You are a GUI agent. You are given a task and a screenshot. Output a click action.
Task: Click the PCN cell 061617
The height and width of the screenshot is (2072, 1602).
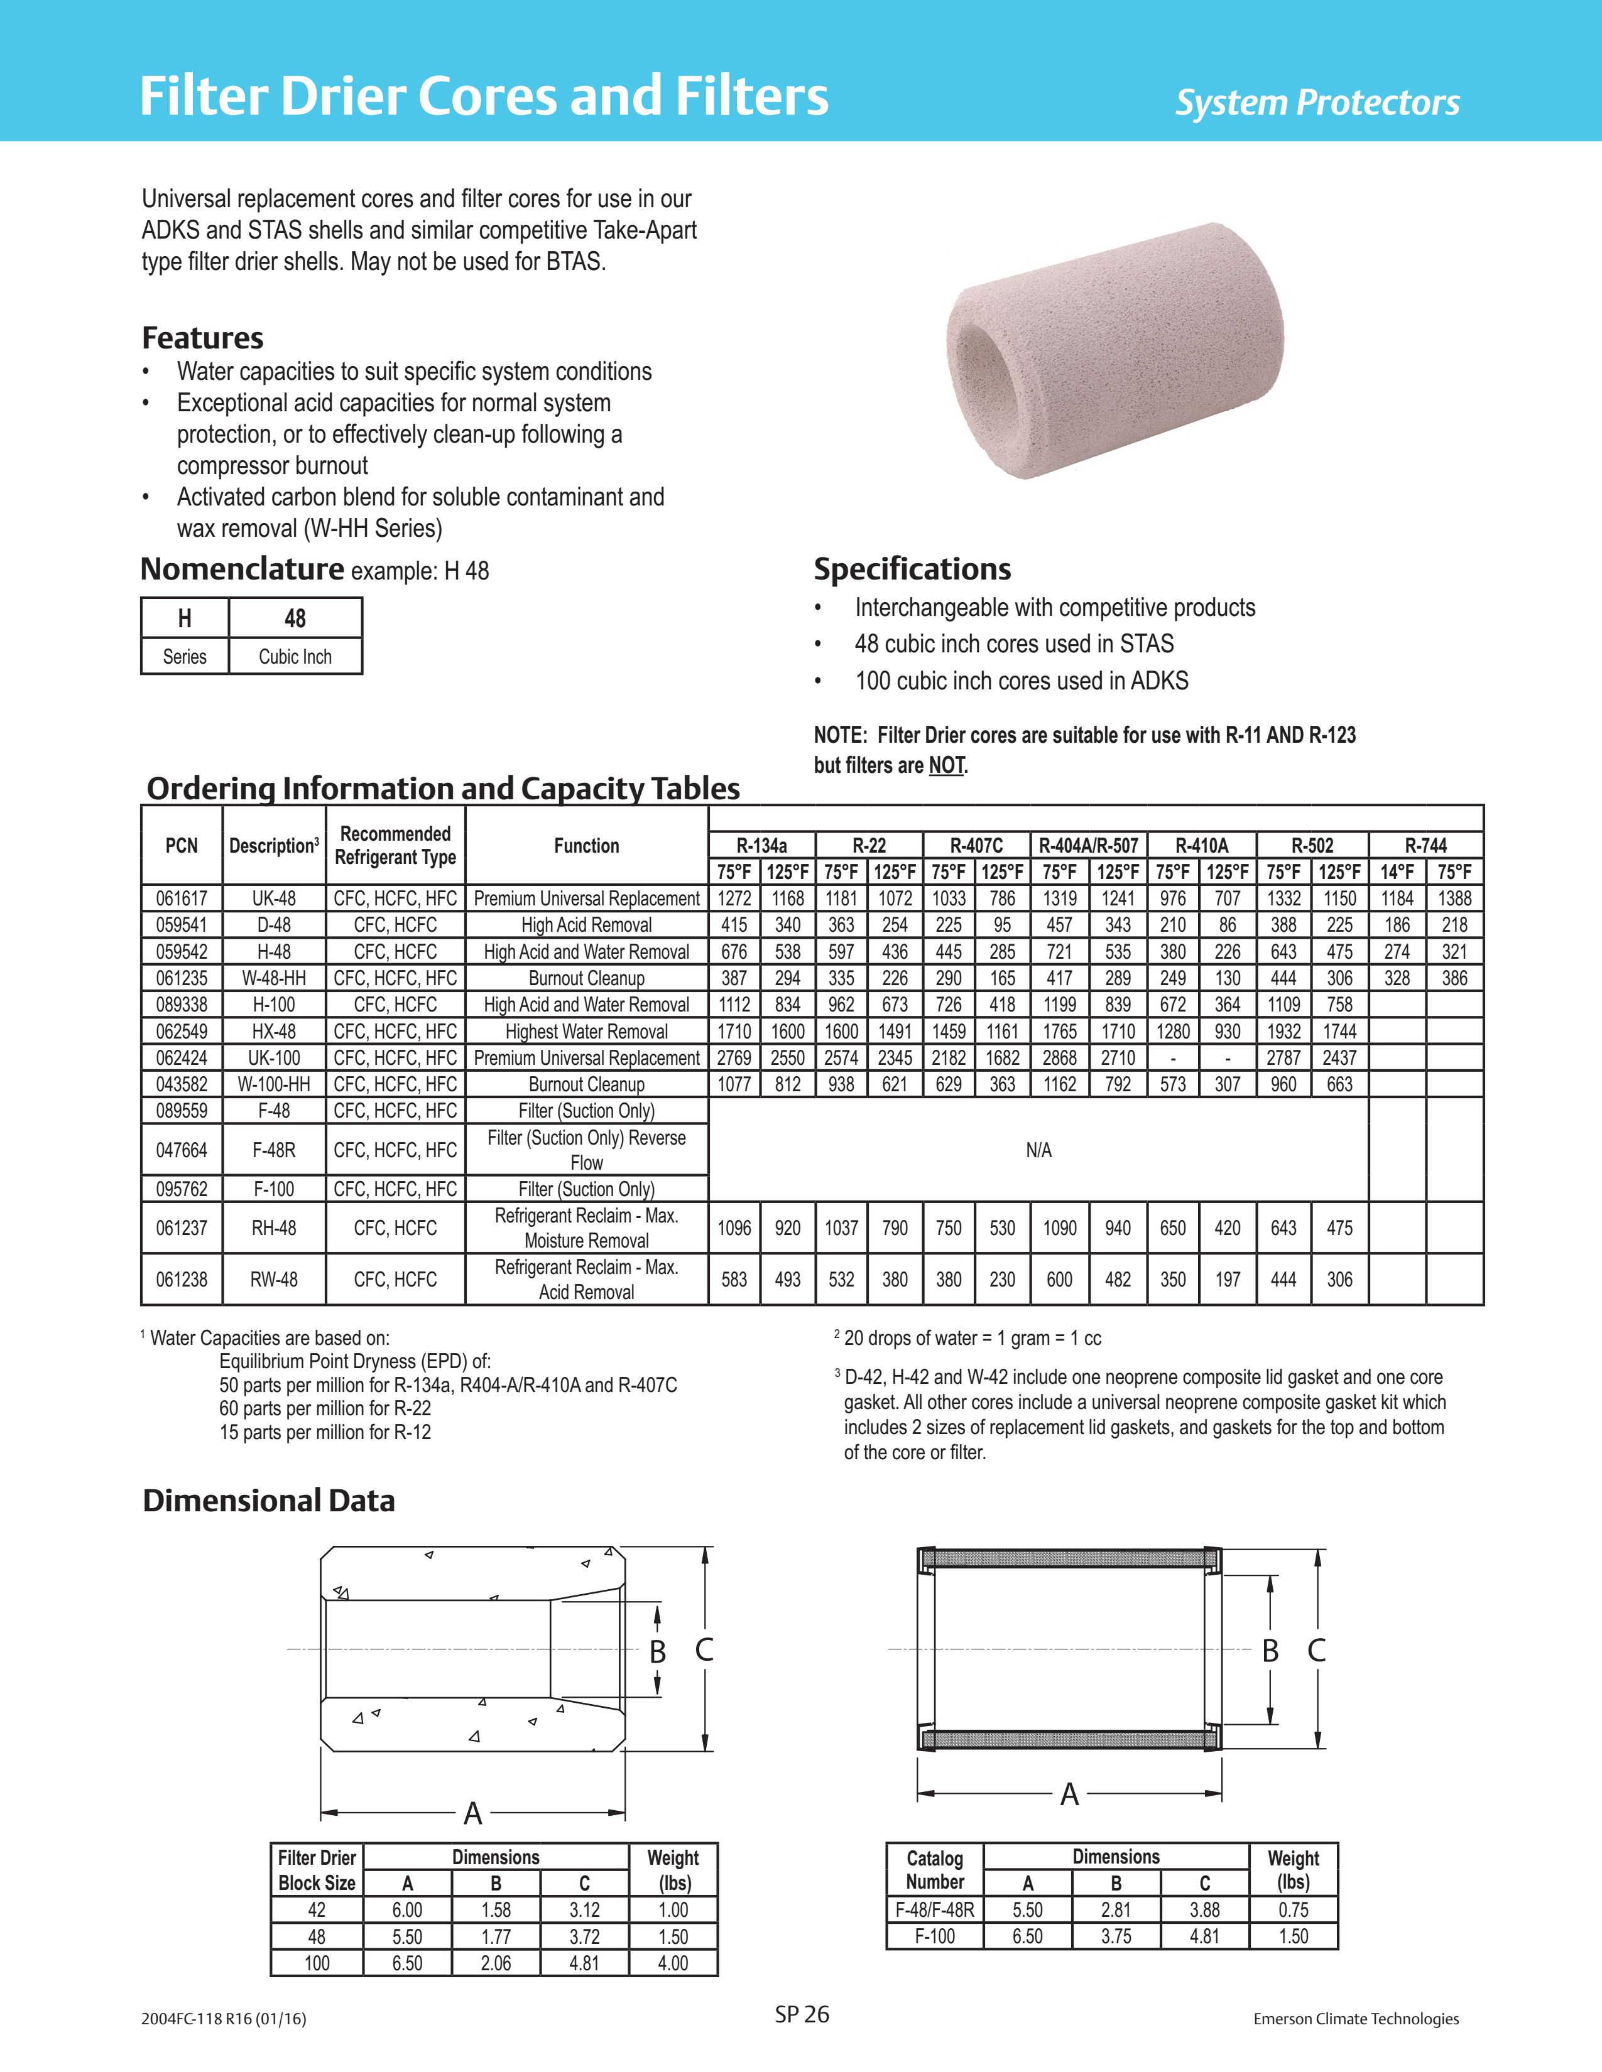(x=182, y=898)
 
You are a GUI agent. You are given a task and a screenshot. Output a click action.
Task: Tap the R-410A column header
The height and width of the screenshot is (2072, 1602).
(x=1201, y=845)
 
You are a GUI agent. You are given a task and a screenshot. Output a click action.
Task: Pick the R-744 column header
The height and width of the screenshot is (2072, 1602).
(x=1425, y=845)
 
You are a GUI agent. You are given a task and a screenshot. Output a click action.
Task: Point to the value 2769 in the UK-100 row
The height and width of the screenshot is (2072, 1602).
(x=734, y=1058)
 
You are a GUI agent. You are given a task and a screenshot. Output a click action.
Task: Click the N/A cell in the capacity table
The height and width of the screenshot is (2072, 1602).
(x=1038, y=1150)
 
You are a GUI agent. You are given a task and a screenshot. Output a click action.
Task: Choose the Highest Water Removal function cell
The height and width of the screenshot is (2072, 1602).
(x=587, y=1031)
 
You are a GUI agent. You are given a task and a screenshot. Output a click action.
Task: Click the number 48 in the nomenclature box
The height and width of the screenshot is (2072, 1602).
(x=295, y=618)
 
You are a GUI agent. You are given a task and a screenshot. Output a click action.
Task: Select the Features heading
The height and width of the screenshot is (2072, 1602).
(x=202, y=338)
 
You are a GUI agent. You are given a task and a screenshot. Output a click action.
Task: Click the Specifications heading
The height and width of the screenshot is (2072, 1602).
(x=912, y=569)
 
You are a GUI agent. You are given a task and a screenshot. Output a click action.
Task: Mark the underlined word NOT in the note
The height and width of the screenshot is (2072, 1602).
(x=946, y=765)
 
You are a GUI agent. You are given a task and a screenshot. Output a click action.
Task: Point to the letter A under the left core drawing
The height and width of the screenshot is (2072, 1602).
(x=472, y=1814)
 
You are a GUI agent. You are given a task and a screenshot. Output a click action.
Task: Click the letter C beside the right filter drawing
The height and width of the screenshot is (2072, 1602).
(x=1316, y=1651)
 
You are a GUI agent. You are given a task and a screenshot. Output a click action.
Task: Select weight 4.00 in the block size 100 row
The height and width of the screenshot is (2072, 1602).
(x=673, y=1963)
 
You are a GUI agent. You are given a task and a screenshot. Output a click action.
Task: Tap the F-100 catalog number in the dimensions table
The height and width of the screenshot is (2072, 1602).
(x=935, y=1936)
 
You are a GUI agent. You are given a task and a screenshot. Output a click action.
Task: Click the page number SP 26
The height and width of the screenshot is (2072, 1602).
(x=802, y=2014)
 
